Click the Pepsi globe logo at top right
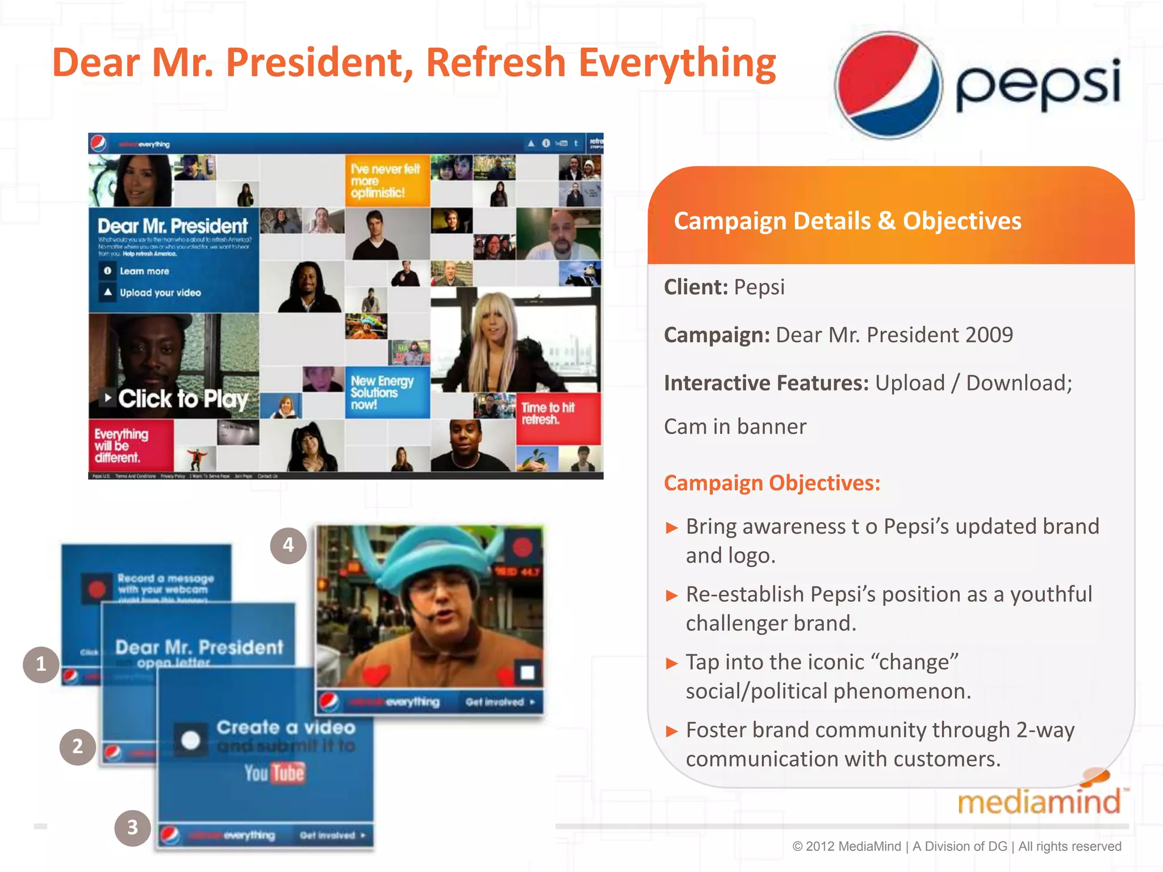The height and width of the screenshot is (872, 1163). coord(888,85)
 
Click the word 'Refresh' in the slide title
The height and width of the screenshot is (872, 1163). coord(495,62)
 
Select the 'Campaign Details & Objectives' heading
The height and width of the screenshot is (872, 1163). coord(847,221)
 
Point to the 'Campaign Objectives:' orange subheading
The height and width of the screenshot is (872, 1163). coord(772,483)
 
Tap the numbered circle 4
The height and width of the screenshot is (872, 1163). coord(288,546)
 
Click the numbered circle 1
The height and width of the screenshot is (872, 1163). coord(41,664)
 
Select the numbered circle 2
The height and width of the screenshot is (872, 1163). coord(77,747)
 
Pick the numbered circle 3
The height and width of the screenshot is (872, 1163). coord(132,828)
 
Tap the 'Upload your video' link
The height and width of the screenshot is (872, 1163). coord(160,293)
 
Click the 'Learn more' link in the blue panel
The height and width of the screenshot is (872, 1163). coord(144,271)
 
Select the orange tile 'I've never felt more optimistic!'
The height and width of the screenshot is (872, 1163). coord(387,181)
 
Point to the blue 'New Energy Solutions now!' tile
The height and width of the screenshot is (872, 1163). coord(387,392)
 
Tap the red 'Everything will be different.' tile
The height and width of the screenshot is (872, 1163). coord(129,446)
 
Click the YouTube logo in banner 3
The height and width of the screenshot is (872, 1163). coord(275,773)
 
